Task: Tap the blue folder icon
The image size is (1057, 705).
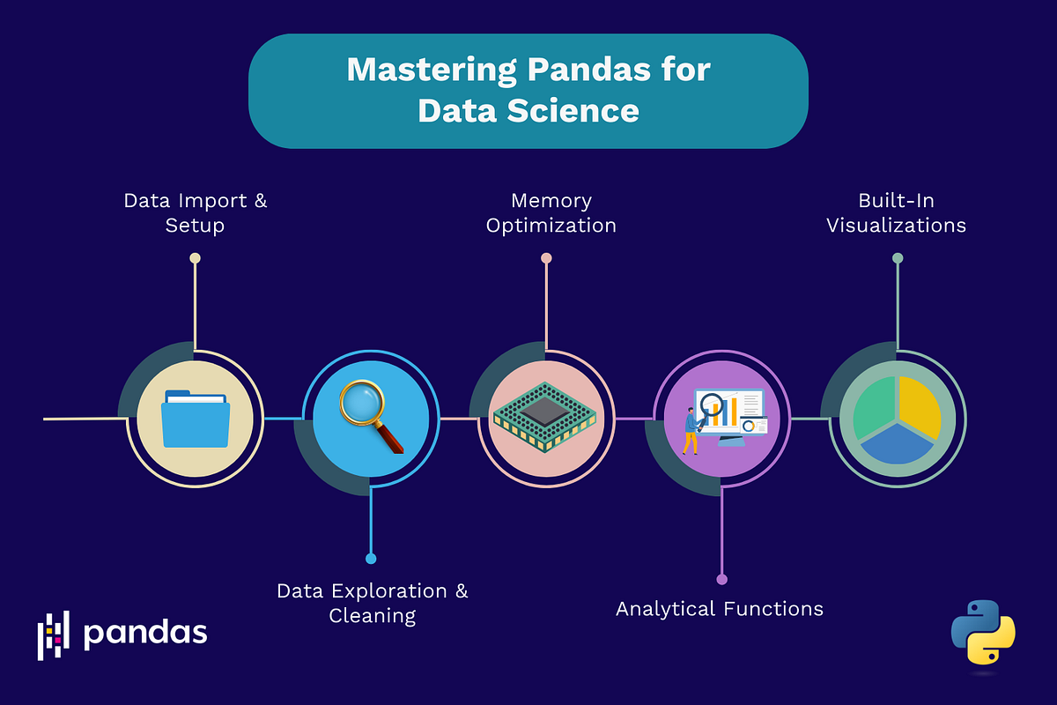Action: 196,419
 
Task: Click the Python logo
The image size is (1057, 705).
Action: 983,633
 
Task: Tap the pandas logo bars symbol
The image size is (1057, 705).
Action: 53,634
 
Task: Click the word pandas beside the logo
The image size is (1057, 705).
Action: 145,633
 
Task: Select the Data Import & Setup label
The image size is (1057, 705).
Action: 195,212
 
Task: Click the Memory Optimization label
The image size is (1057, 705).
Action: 551,212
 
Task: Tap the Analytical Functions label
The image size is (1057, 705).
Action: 719,609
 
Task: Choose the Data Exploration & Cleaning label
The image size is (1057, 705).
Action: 373,603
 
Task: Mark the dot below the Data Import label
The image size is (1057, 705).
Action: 195,258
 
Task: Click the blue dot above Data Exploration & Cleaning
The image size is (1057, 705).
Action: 371,559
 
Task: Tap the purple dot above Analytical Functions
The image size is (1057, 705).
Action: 721,580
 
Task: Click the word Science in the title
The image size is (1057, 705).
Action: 577,111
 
